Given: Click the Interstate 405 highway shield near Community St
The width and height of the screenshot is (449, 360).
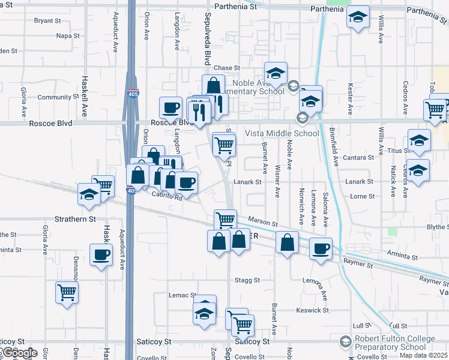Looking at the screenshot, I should pyautogui.click(x=132, y=94).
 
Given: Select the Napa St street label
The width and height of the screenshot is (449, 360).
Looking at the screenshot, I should pyautogui.click(x=68, y=36).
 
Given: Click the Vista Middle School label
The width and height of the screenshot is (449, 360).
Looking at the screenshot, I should pyautogui.click(x=282, y=133).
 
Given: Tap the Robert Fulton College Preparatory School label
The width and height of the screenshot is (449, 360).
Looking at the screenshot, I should pyautogui.click(x=394, y=343).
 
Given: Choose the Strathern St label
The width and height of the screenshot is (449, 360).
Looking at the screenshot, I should pyautogui.click(x=76, y=219).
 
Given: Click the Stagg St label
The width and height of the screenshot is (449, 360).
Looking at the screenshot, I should pyautogui.click(x=247, y=280).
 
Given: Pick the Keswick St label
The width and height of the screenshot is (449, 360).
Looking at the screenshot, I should pyautogui.click(x=313, y=310).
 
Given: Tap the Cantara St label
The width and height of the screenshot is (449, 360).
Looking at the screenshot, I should pyautogui.click(x=359, y=158).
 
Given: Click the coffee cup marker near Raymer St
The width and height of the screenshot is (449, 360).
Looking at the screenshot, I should pyautogui.click(x=321, y=247).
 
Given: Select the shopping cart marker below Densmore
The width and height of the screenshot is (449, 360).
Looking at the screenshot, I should pyautogui.click(x=67, y=293).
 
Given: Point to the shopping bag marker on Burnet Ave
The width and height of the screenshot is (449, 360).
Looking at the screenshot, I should pyautogui.click(x=288, y=242).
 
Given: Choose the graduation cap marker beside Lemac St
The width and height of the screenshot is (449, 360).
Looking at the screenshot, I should pyautogui.click(x=205, y=313).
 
